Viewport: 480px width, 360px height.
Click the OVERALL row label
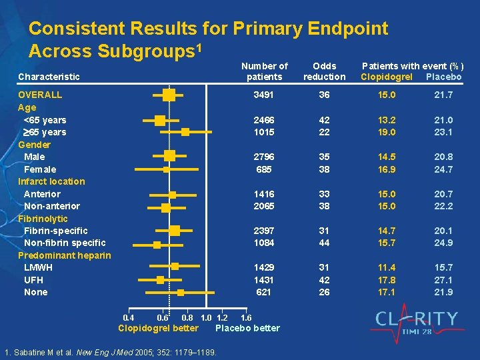point(40,95)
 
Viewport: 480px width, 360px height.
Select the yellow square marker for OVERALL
point(169,95)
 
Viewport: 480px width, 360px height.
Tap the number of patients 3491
point(264,95)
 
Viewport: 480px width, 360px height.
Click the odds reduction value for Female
point(324,169)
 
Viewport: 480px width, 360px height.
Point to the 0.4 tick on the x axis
point(129,317)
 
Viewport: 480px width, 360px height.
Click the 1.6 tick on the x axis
point(245,317)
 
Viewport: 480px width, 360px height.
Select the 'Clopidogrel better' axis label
point(158,328)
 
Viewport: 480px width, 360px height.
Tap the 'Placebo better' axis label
point(248,328)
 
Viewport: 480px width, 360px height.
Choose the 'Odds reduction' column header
point(324,71)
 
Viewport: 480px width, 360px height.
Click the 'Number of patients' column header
point(264,71)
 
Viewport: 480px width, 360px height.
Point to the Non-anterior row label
point(51,206)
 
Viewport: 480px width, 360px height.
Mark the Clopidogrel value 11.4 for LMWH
point(387,267)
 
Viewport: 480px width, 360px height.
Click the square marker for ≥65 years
point(185,133)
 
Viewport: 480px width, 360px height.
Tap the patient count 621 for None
point(264,292)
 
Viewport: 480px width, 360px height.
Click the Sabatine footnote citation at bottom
point(110,351)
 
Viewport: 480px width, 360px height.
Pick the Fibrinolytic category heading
point(43,219)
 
